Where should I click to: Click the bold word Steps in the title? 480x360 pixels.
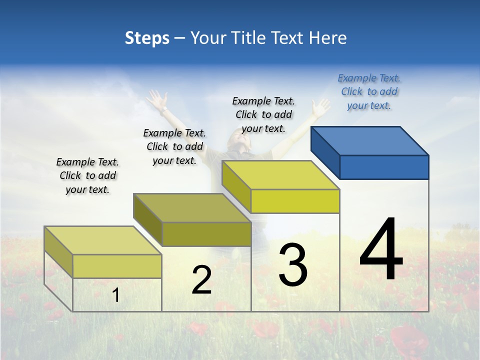(x=146, y=38)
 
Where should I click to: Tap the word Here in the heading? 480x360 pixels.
(x=328, y=38)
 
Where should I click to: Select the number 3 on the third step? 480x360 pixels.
(x=293, y=265)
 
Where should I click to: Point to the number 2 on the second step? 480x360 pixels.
(x=201, y=280)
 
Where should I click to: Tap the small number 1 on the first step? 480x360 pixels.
(x=115, y=295)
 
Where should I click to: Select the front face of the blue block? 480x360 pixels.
(x=384, y=167)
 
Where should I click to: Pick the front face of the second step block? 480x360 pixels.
(x=206, y=234)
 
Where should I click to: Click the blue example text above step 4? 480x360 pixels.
(x=369, y=92)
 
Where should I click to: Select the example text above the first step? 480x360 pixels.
(x=87, y=175)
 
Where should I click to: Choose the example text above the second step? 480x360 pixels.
(x=174, y=146)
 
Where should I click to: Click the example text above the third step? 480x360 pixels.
(x=263, y=114)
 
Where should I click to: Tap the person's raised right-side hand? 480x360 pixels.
(x=320, y=106)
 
